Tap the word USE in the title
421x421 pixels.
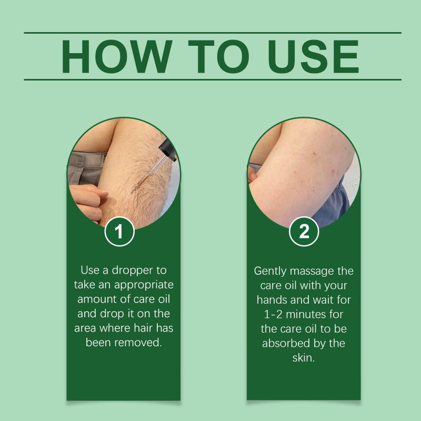pos(313,56)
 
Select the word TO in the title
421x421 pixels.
pos(218,56)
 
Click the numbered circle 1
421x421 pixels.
pos(119,232)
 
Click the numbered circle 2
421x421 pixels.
pos(304,232)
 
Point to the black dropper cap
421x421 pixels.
pos(167,150)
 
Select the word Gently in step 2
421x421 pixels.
pos(270,272)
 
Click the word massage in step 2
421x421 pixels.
pos(312,272)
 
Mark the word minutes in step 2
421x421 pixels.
pos(306,314)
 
